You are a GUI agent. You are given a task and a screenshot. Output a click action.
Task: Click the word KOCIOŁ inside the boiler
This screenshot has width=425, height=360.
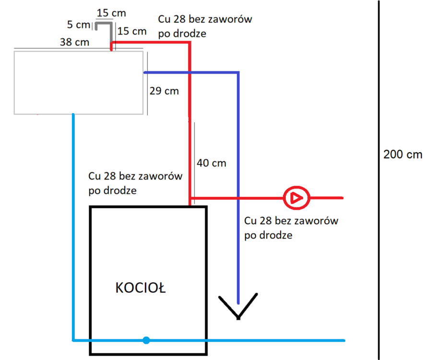(141, 288)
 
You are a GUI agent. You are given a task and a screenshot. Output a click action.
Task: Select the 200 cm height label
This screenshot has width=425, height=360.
(403, 155)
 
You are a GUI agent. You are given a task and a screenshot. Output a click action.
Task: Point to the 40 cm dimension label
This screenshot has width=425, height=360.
(211, 163)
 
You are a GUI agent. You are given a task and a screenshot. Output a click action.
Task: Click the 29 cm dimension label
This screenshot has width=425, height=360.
(164, 91)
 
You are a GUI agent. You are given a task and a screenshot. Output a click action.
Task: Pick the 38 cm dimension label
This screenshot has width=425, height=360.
(74, 42)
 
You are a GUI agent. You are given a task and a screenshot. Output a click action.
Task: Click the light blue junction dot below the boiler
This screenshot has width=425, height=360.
(146, 340)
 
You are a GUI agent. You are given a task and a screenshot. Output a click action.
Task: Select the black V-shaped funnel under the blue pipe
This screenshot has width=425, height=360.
(238, 306)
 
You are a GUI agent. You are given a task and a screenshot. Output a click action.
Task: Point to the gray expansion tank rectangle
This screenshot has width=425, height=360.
(79, 83)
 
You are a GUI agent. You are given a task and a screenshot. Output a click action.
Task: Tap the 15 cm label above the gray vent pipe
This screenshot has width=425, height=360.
(108, 12)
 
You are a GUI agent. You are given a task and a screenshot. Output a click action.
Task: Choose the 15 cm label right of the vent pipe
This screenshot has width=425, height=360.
(131, 31)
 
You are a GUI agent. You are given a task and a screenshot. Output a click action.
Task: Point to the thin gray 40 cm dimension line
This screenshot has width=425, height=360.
(194, 158)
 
